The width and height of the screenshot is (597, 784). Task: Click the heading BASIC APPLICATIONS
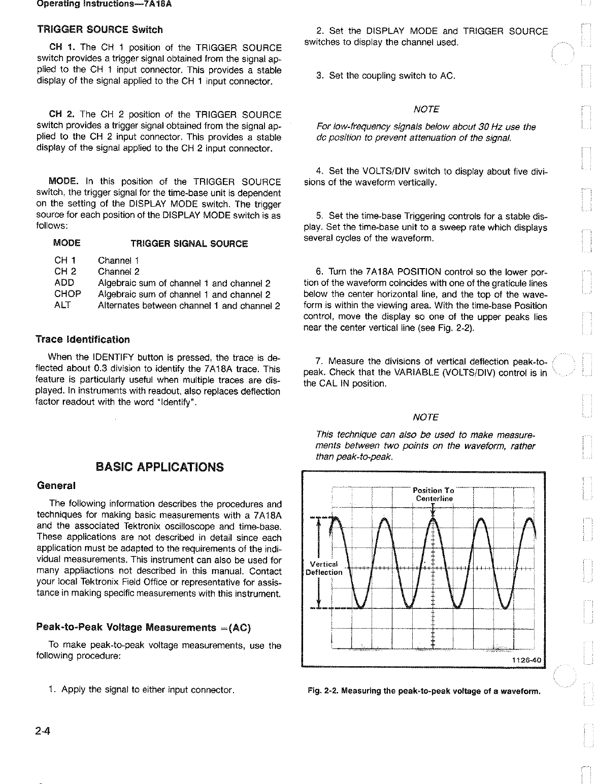tap(159, 467)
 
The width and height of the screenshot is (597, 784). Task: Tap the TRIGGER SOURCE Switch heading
tap(100, 29)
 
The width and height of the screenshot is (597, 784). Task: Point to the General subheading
tap(56, 485)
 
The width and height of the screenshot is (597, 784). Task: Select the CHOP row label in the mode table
tap(68, 294)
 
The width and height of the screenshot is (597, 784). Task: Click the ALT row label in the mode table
tap(62, 305)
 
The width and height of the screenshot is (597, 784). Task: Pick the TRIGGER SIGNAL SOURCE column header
tap(189, 244)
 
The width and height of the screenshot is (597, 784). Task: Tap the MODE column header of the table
tap(67, 244)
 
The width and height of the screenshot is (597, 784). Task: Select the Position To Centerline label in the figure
tap(434, 495)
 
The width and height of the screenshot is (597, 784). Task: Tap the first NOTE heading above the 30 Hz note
tap(426, 110)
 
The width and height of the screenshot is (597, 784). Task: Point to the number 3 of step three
tap(319, 76)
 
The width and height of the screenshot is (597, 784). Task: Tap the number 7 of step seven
tap(319, 362)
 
